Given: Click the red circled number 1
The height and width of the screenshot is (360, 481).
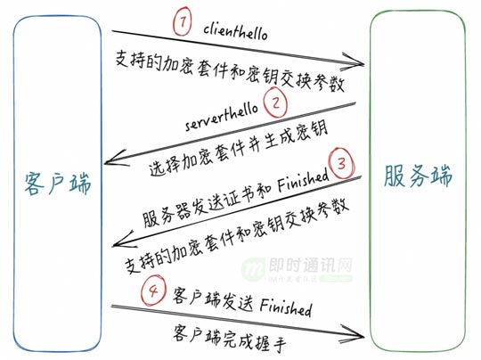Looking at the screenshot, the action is pos(182,21).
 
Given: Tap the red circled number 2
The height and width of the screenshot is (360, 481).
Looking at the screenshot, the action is pos(275,102).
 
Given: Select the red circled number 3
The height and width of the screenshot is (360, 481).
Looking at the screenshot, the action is pos(341,163).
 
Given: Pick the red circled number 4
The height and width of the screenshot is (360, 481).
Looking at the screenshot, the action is pos(153,290).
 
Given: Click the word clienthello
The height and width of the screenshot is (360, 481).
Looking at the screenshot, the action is pos(235,32).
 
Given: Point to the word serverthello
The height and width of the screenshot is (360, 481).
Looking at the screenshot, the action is pos(222,117).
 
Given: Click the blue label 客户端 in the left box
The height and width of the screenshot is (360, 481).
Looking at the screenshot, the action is pos(58,184).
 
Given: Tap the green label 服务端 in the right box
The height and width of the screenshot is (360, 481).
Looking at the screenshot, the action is pos(419,176).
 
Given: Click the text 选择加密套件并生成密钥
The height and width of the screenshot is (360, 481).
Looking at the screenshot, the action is pos(239,149).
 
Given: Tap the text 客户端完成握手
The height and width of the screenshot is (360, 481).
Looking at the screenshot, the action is pos(230,336).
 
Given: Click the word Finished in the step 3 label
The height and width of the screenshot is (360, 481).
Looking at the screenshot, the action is pos(303,181).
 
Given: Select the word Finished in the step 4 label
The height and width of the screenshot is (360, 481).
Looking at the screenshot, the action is pos(286,307).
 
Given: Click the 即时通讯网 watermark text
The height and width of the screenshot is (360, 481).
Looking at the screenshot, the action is pos(311,265).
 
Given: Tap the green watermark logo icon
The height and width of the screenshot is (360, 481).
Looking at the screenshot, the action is pos(253,269).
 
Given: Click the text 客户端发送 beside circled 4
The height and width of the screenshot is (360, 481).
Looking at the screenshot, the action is pos(213,297).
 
